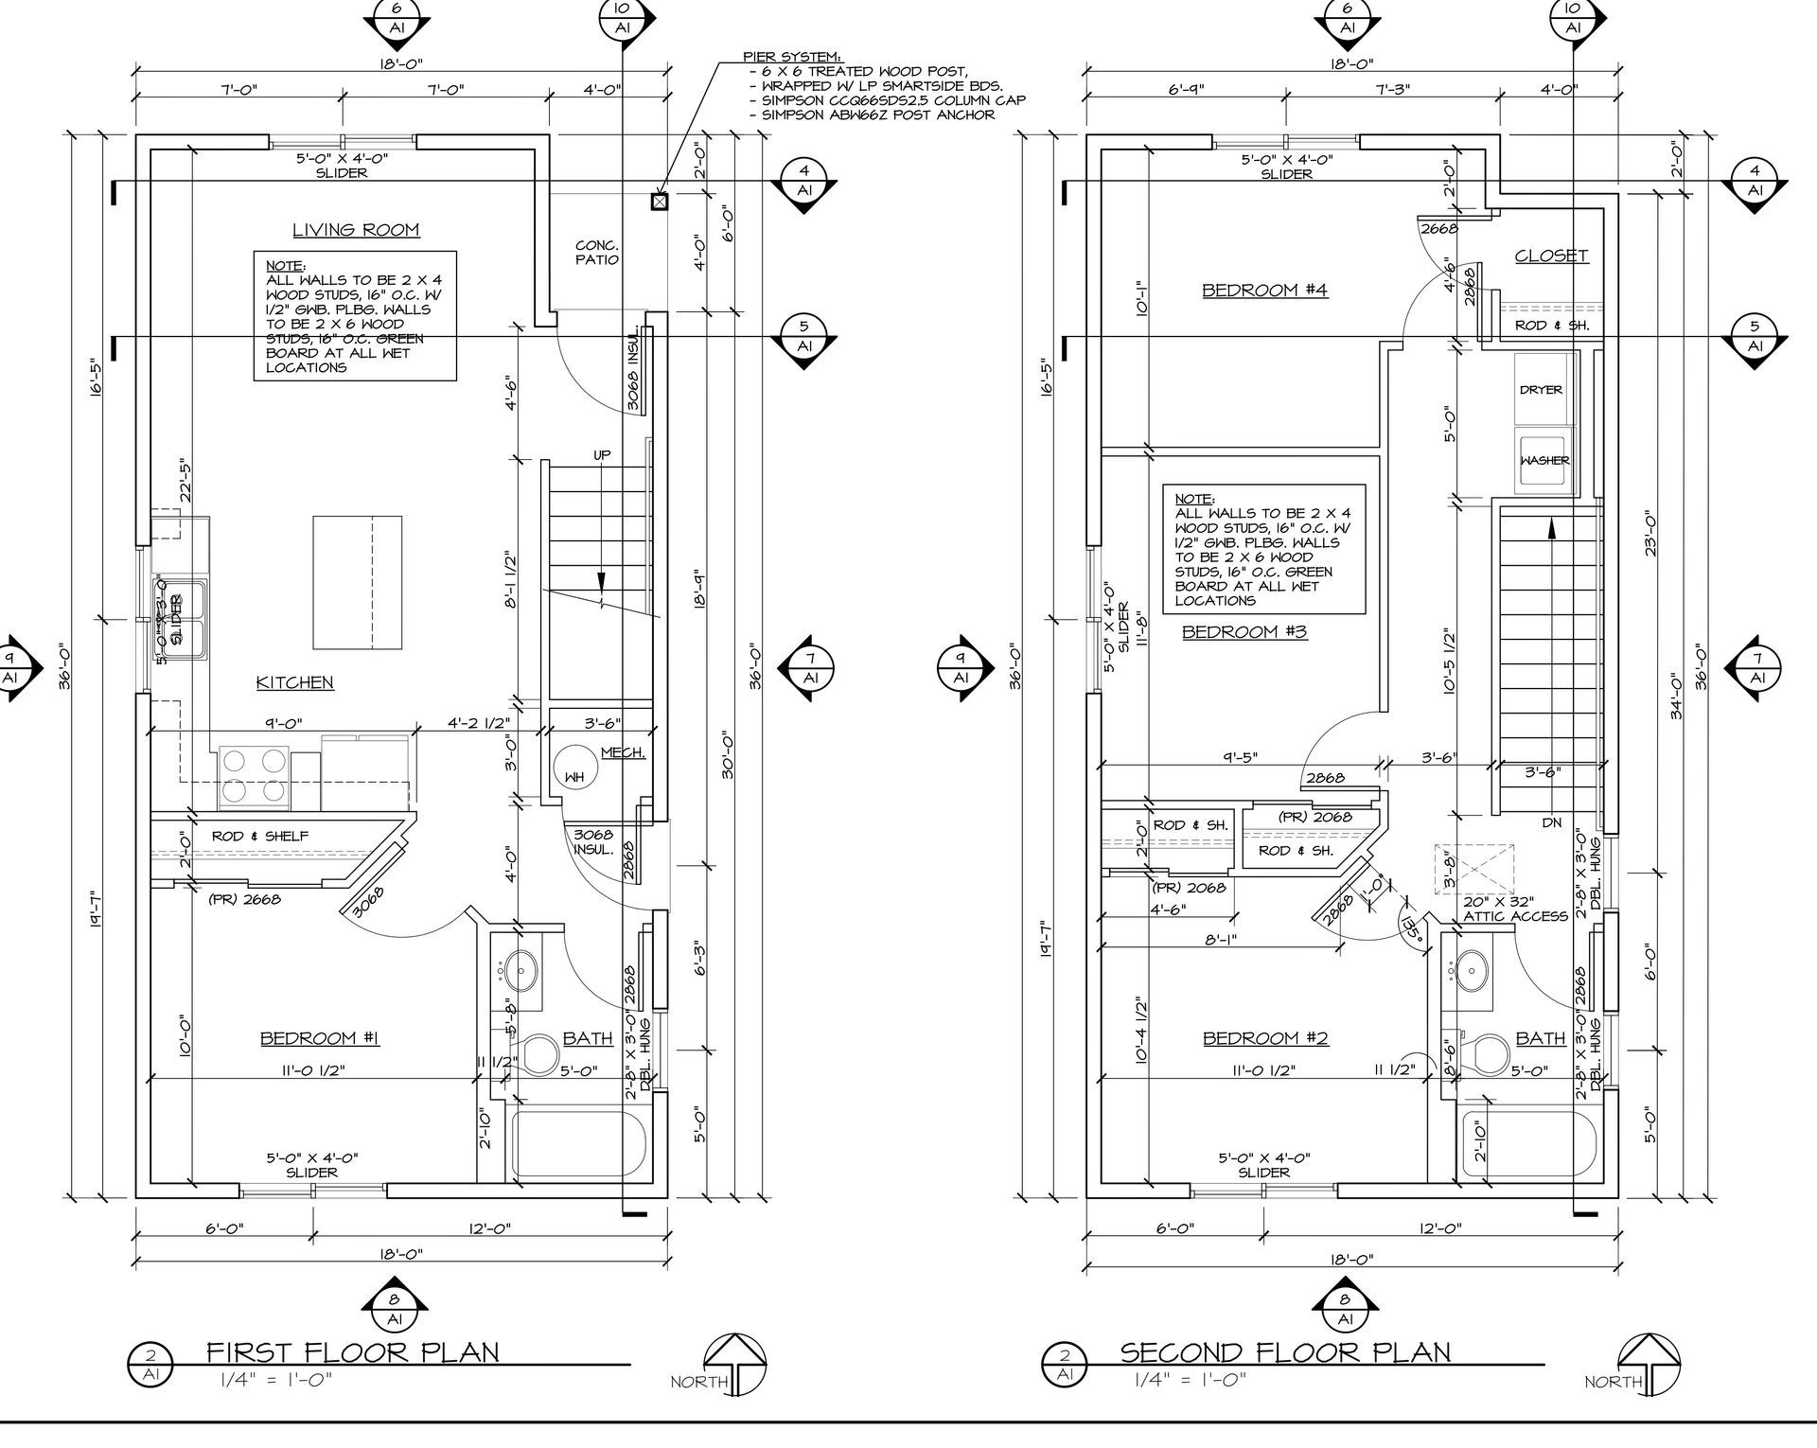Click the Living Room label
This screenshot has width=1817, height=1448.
tap(355, 230)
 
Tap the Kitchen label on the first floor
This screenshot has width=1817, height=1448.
tap(294, 682)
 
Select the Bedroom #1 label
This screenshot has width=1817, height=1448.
tap(320, 1039)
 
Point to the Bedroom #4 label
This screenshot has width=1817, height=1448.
tap(1264, 290)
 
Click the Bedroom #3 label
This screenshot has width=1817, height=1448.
tap(1244, 631)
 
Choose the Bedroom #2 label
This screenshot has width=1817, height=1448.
tap(1265, 1039)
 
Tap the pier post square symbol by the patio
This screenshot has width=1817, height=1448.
tap(659, 201)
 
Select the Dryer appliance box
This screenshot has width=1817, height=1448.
tap(1541, 389)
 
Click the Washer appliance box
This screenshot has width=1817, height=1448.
tap(1544, 460)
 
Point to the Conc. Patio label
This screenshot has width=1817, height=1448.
tap(597, 253)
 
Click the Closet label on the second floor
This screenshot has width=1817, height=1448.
tap(1551, 256)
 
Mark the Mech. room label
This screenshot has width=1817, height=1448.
tap(624, 753)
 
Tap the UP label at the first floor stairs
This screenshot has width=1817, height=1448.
tap(602, 455)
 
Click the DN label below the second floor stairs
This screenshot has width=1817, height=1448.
tap(1552, 823)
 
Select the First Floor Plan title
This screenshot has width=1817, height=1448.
tap(352, 1351)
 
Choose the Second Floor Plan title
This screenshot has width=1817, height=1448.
tap(1285, 1351)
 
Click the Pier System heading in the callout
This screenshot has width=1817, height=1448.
tap(792, 58)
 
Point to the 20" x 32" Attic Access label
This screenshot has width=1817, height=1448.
tap(1515, 909)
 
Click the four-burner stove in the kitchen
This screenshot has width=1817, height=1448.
tap(254, 777)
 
